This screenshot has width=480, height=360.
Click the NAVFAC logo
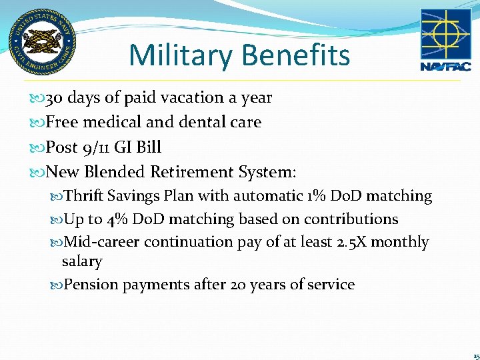pos(445,39)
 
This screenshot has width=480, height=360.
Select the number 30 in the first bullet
pos(54,98)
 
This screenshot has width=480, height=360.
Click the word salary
pos(81,261)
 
